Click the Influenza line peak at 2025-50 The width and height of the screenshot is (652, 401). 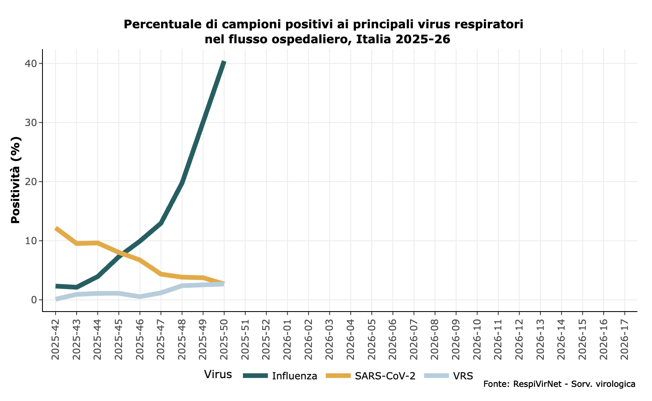224,62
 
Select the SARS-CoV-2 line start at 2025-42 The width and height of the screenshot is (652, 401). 56,228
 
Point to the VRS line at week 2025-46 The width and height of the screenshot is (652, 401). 140,297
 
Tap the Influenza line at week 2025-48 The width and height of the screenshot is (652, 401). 182,183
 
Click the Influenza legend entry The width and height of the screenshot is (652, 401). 294,376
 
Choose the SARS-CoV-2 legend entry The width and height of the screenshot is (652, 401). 385,376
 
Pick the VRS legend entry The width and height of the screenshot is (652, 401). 463,376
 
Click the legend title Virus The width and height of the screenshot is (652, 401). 218,374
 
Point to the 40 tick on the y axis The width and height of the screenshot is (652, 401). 32,63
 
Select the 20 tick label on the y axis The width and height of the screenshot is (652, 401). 32,182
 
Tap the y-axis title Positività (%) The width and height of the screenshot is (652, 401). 16,180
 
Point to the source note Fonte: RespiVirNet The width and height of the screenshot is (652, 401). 559,384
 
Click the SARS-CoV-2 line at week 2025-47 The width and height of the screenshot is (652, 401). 161,274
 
